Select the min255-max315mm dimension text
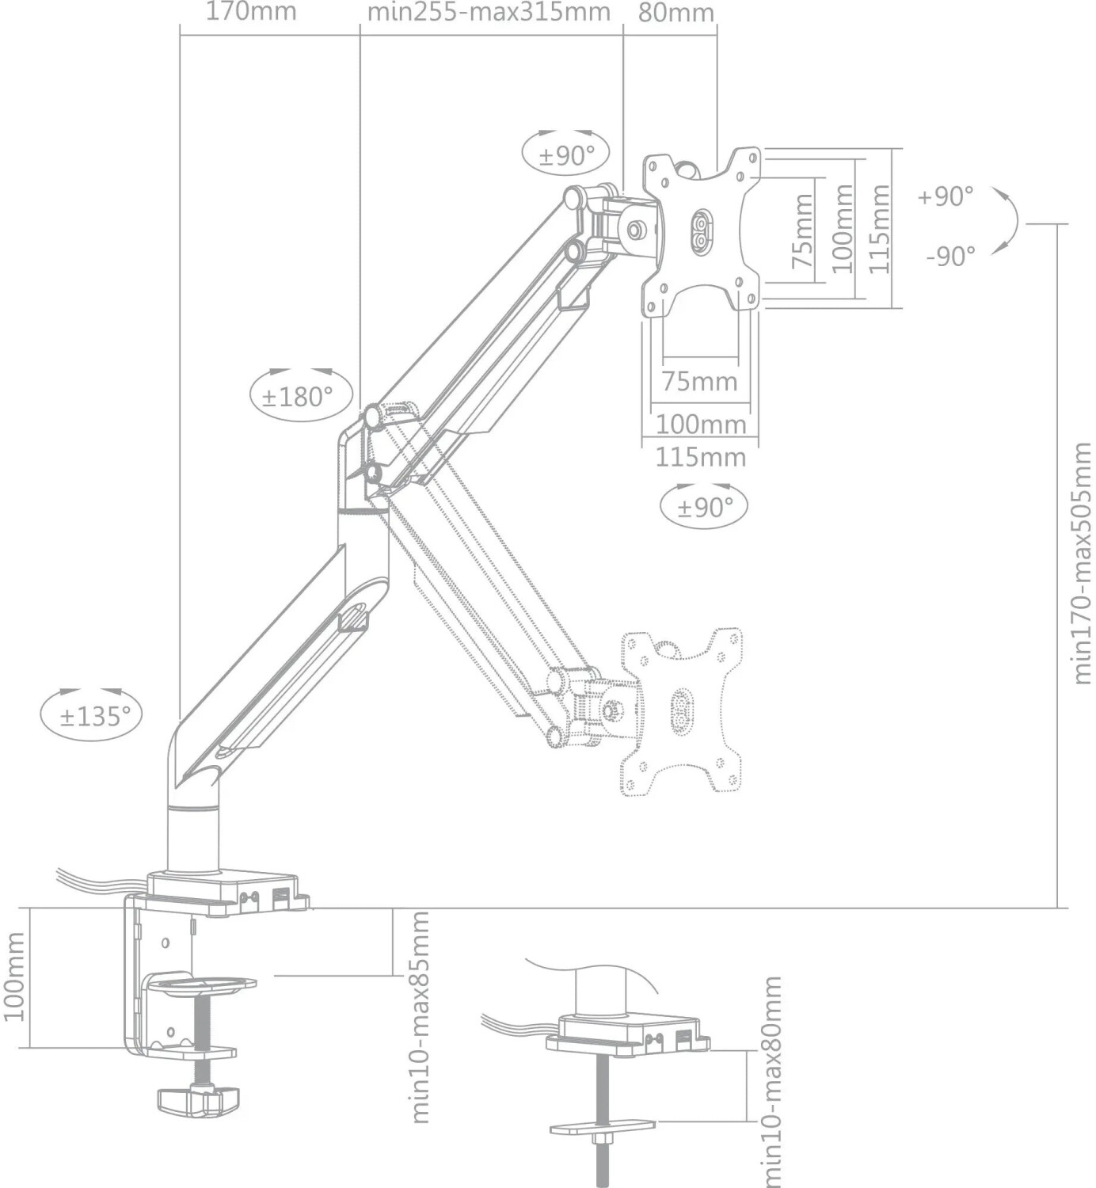pyautogui.click(x=489, y=12)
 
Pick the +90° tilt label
pyautogui.click(x=946, y=196)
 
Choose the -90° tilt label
pyautogui.click(x=950, y=256)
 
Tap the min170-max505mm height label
pyautogui.click(x=1082, y=563)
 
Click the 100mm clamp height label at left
pyautogui.click(x=13, y=976)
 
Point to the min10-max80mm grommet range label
pyautogui.click(x=771, y=1081)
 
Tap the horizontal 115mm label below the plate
pyautogui.click(x=700, y=457)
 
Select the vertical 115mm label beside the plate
pyautogui.click(x=880, y=229)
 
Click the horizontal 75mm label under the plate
pyautogui.click(x=699, y=381)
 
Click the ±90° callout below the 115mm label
pyautogui.click(x=703, y=507)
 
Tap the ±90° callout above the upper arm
pyautogui.click(x=566, y=154)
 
